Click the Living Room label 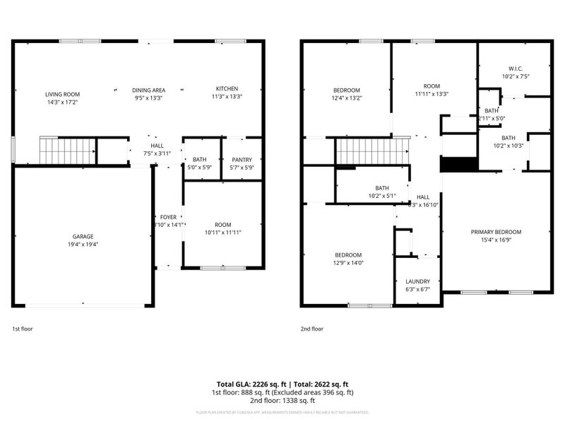[x=62, y=94]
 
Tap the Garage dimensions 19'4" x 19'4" [x=83, y=245]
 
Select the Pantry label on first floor [x=242, y=160]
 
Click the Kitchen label [x=227, y=88]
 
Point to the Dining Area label [x=148, y=90]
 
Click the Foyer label [x=168, y=217]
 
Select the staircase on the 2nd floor [x=371, y=150]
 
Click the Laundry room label [x=417, y=281]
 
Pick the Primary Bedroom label [x=496, y=232]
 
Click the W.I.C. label [x=514, y=68]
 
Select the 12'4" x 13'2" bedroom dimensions [x=347, y=98]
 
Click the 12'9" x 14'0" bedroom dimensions [x=348, y=263]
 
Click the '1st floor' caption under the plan [x=22, y=329]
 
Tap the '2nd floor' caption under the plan [x=312, y=329]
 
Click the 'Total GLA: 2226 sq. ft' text [x=251, y=384]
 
